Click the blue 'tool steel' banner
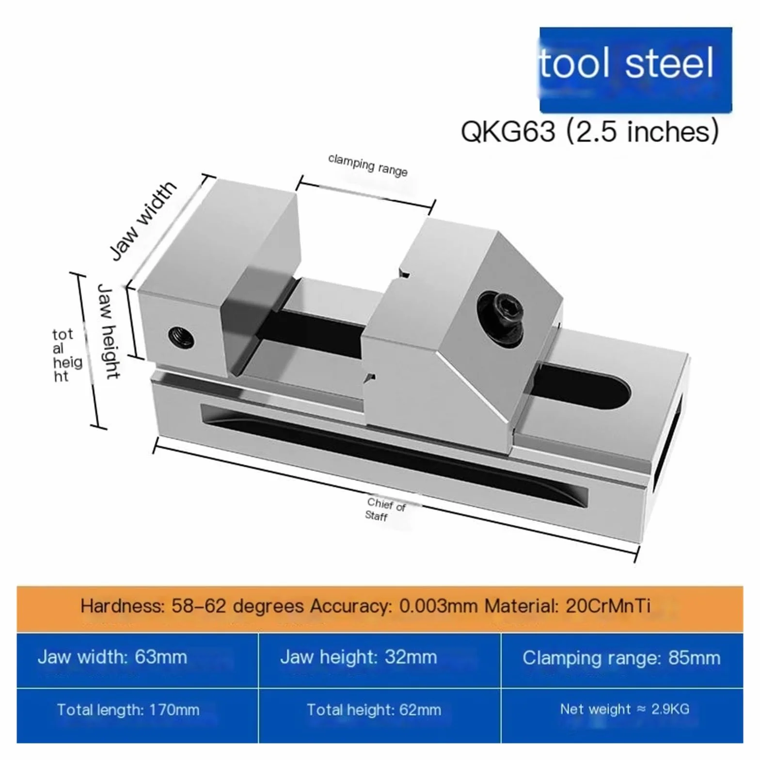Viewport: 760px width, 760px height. click(x=635, y=70)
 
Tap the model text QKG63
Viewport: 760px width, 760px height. click(x=508, y=131)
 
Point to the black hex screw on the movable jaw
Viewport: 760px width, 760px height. click(x=500, y=318)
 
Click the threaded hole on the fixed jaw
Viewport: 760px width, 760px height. click(x=181, y=337)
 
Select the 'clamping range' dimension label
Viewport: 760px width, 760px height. click(x=368, y=165)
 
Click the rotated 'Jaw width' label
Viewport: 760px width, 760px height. click(x=142, y=221)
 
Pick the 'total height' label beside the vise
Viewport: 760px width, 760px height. click(x=67, y=355)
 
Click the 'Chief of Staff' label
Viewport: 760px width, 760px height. click(x=385, y=509)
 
